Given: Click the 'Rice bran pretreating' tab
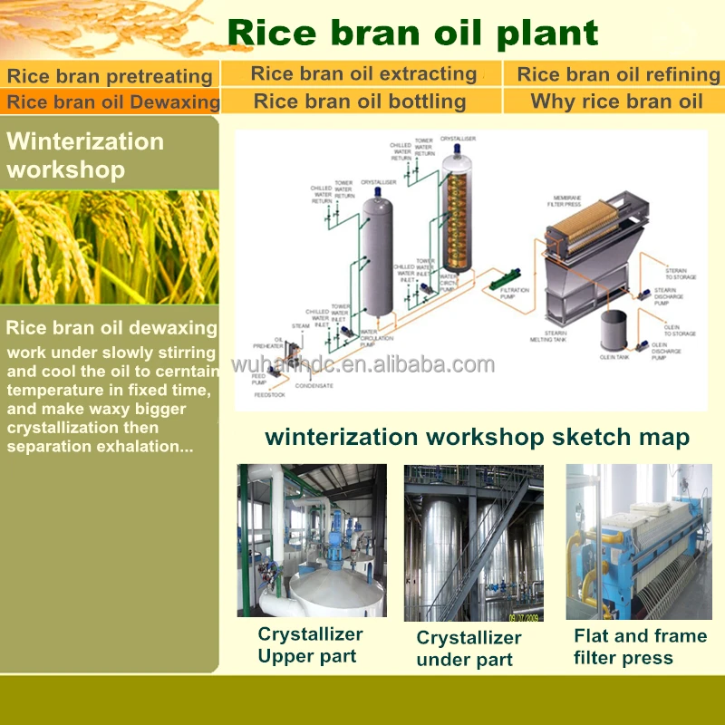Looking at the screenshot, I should click(x=109, y=76).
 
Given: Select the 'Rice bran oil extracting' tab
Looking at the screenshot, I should click(x=362, y=74).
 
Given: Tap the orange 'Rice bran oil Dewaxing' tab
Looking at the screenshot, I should click(x=112, y=101).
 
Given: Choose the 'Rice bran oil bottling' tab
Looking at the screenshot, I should click(x=360, y=101).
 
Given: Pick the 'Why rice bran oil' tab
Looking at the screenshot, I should click(x=616, y=101).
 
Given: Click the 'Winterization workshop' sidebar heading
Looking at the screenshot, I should click(x=85, y=155).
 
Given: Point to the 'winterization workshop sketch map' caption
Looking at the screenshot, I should click(x=477, y=438).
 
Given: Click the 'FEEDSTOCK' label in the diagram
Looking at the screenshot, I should click(x=270, y=395).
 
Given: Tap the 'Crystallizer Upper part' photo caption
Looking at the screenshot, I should click(x=310, y=645).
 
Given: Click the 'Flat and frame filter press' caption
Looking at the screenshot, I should click(x=640, y=647).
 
